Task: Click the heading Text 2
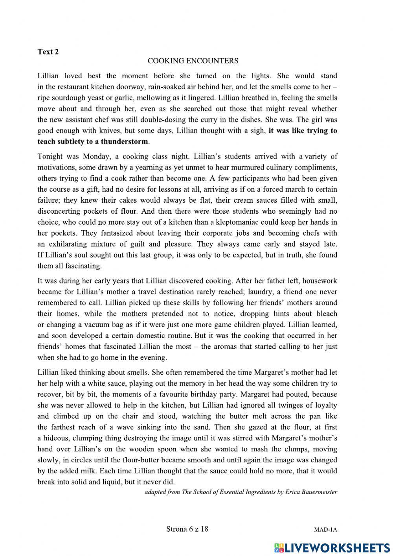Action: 48,52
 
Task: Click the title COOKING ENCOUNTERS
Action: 193,61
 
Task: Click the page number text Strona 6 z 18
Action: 187,529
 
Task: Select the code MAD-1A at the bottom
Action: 325,530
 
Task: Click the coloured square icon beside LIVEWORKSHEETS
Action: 278,548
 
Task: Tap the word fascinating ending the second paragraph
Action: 81,266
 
